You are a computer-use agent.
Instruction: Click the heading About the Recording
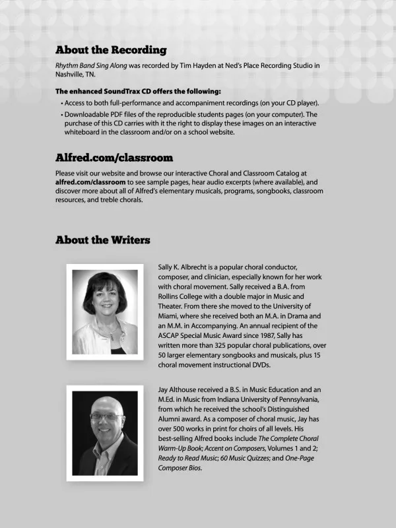point(111,50)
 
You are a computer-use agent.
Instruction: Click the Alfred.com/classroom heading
point(114,158)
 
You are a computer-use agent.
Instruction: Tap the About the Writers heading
point(102,240)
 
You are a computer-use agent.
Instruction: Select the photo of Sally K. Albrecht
point(105,312)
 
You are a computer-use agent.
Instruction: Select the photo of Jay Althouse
point(105,433)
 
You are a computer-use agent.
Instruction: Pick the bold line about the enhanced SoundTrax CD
point(138,92)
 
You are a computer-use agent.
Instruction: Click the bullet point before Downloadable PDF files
point(62,115)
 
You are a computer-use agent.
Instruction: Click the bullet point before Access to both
point(62,104)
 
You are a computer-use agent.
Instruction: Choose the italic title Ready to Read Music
point(187,458)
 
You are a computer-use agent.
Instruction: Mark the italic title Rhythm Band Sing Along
point(91,66)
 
